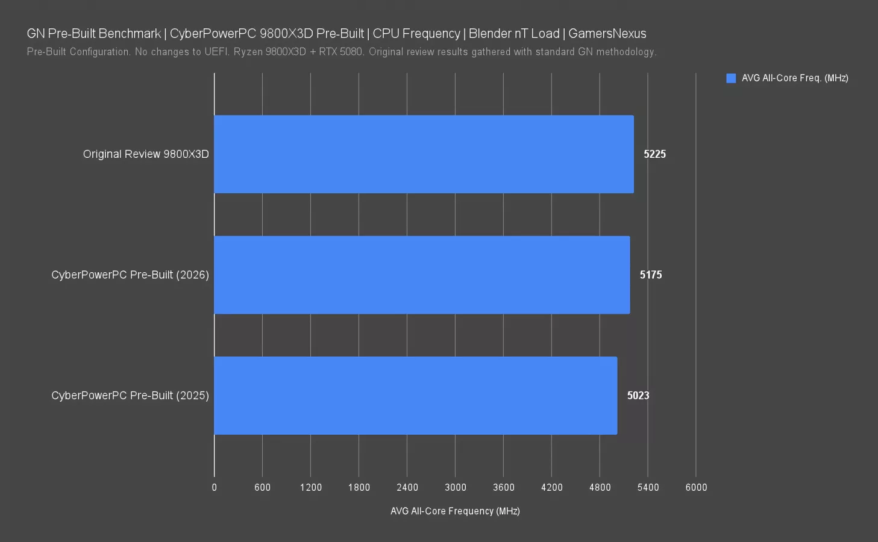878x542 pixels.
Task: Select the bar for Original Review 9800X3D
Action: point(424,154)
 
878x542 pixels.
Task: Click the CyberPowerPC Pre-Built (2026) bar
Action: point(422,275)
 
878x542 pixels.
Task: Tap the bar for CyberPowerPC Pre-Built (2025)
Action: point(415,396)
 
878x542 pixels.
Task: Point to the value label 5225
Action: point(654,154)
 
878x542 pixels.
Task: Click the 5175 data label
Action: point(651,275)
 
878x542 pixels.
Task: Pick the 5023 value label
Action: point(638,396)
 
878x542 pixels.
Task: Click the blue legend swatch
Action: point(731,78)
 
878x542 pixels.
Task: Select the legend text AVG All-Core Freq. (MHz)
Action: point(795,78)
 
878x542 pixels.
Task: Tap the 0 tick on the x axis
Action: point(214,487)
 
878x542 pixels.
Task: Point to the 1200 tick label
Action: point(311,487)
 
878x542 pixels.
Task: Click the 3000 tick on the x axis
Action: point(456,487)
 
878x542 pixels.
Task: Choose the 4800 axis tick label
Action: point(600,487)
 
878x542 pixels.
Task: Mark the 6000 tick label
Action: point(696,487)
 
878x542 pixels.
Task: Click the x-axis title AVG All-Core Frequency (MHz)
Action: point(455,511)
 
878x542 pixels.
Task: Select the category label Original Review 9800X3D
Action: point(146,154)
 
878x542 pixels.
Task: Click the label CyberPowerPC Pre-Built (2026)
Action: point(130,275)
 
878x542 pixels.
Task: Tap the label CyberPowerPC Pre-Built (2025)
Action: point(130,396)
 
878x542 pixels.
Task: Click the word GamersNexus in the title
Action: point(607,34)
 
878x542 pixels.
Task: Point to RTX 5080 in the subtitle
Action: point(340,52)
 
